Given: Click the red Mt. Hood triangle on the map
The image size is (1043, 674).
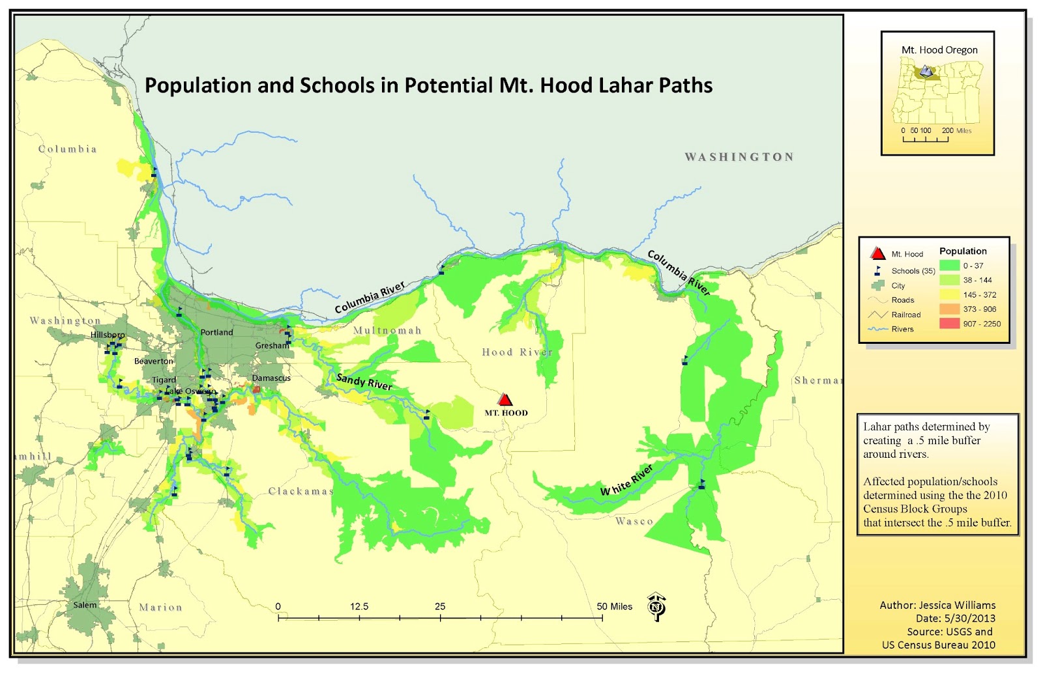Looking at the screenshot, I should [x=505, y=399].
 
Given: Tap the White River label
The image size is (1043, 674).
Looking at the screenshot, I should [x=626, y=481].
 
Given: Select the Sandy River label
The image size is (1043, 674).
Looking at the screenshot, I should [x=364, y=381].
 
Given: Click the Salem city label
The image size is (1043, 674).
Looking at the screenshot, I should [x=85, y=605].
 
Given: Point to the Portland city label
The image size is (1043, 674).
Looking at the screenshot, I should [x=216, y=332].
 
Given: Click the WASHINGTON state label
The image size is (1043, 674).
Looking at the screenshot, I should [x=739, y=157].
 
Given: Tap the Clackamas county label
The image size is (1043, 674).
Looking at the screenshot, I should [x=301, y=491].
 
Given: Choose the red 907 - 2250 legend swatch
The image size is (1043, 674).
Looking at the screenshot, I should [x=949, y=324].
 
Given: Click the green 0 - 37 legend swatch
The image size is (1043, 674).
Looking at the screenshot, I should [x=949, y=266].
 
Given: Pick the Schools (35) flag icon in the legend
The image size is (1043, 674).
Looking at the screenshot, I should [x=877, y=270].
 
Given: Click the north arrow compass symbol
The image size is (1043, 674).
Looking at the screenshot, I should [x=656, y=606].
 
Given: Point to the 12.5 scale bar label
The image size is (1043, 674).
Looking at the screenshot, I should [x=359, y=606].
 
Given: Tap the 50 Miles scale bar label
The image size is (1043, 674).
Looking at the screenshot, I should [x=614, y=606].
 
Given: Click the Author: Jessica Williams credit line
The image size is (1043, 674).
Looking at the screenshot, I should [x=937, y=605].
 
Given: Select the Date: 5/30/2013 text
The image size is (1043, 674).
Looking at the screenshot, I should [x=955, y=619].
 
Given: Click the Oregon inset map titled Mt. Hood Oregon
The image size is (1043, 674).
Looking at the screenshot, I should [x=937, y=91].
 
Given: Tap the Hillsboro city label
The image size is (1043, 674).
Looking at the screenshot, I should [x=108, y=335].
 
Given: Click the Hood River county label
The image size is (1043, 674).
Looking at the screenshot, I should [x=517, y=352].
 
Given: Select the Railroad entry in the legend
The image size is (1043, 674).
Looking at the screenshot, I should [x=905, y=315].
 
